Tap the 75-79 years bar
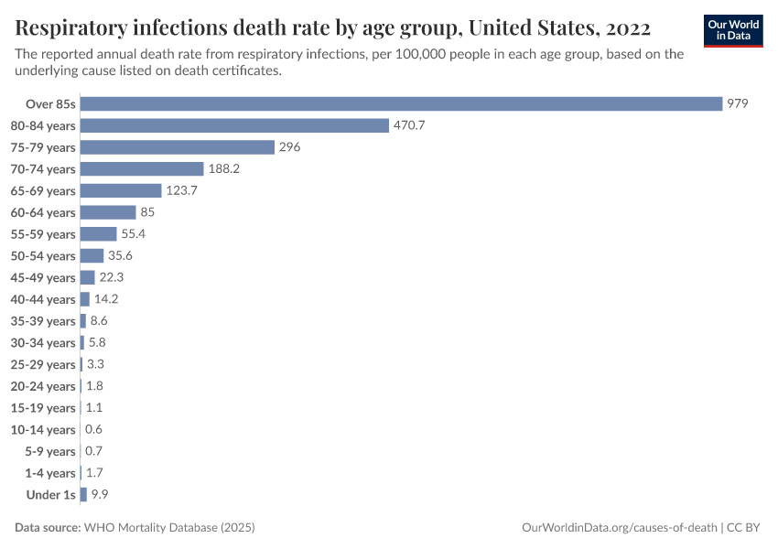178,147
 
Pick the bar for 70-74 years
142,169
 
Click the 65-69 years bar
121,190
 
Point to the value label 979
738,103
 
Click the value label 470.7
409,125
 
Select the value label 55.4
134,234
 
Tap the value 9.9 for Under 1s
100,495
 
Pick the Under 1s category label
51,495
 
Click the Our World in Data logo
733,30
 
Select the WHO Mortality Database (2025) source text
168,528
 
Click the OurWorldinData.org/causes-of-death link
619,528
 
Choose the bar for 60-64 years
108,212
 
